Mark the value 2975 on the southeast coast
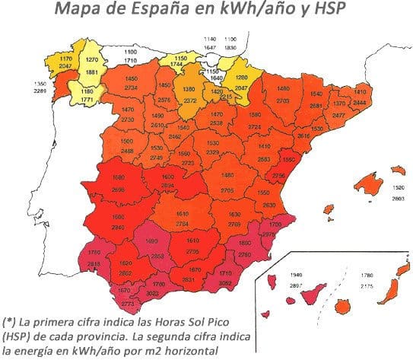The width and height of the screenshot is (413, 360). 267,236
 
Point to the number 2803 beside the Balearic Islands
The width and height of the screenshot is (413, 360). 395,197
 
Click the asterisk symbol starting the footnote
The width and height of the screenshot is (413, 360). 10,320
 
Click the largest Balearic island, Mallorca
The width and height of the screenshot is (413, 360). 371,182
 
